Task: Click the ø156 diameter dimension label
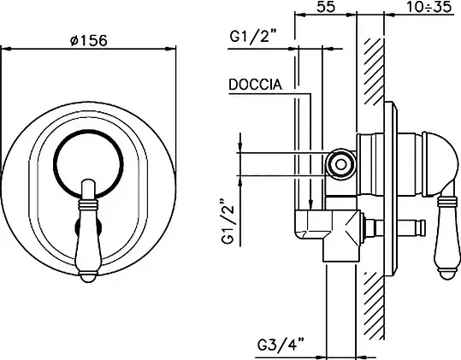click(89, 40)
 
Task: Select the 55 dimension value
click(326, 7)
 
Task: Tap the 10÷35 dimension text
click(429, 7)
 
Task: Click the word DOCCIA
click(255, 85)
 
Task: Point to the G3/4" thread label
click(281, 345)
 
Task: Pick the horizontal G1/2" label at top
click(253, 37)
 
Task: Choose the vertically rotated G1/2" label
click(228, 221)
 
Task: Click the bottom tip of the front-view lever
click(88, 282)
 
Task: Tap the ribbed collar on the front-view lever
click(88, 204)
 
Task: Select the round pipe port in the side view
click(340, 164)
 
